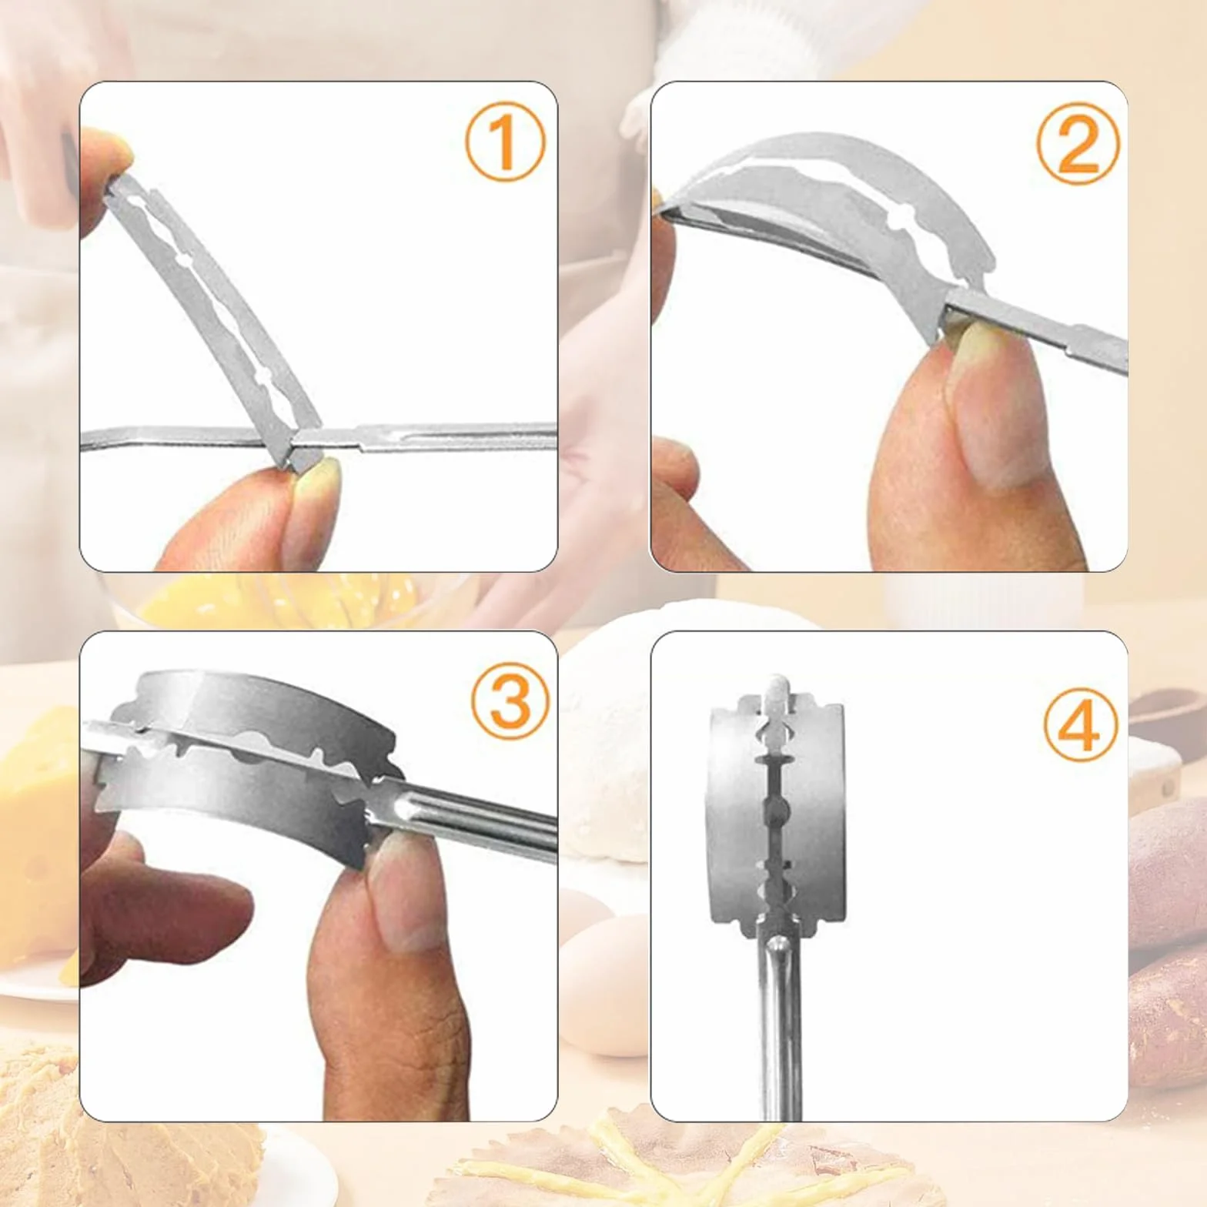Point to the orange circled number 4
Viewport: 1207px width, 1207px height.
coord(1081,727)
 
